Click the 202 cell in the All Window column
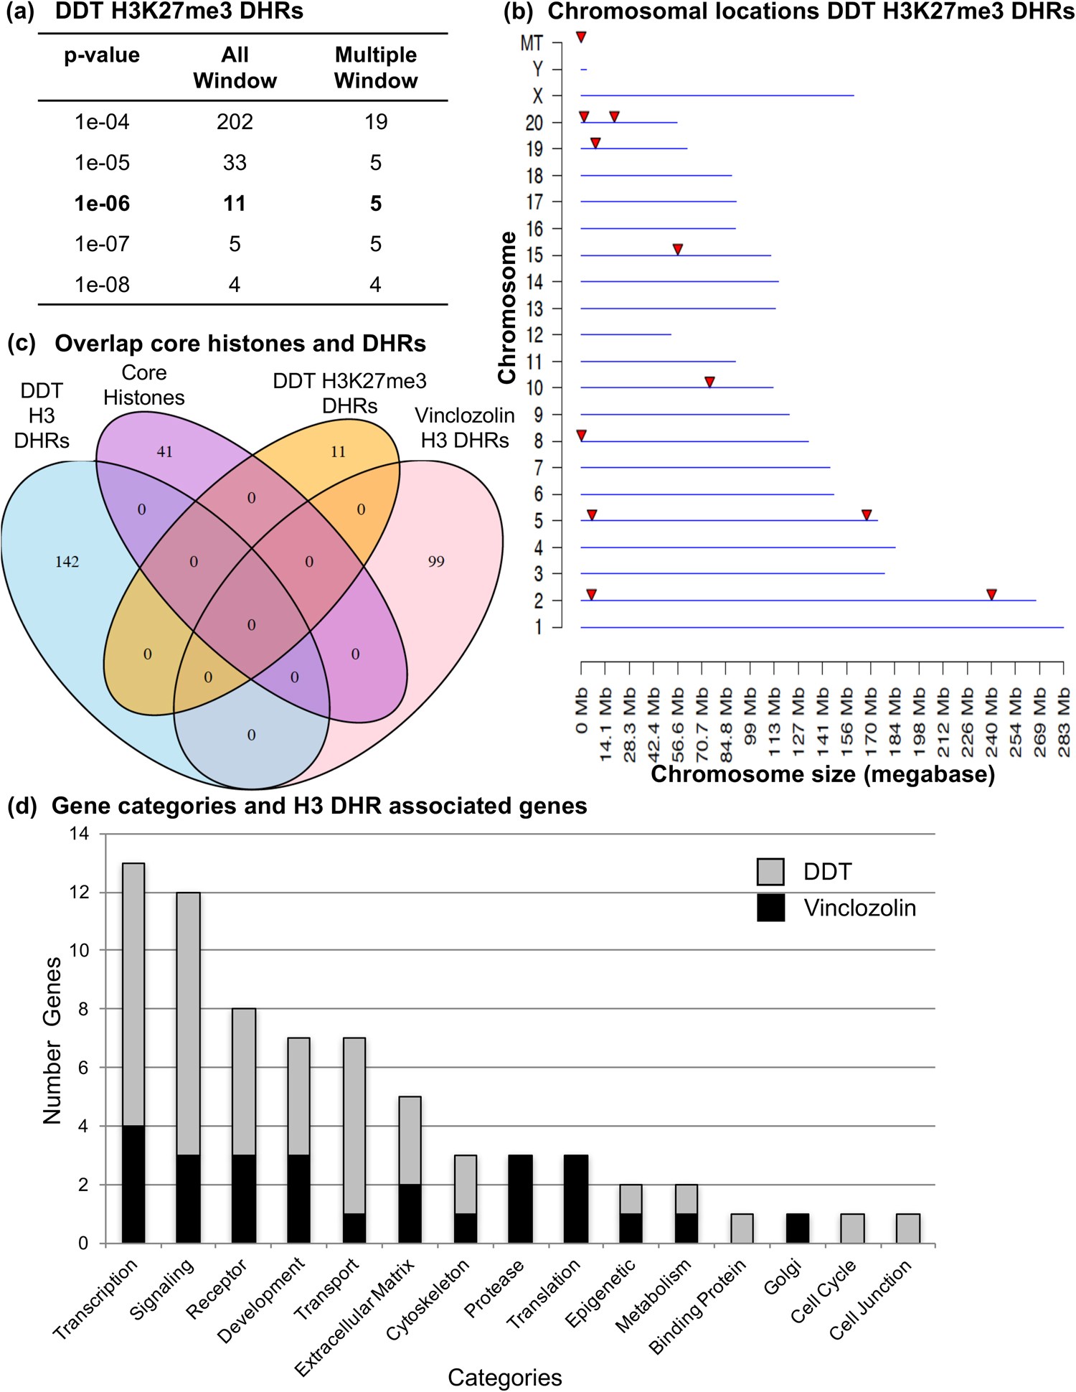click(x=235, y=122)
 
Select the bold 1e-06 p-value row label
click(x=102, y=204)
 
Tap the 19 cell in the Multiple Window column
click(x=375, y=122)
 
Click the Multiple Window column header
click(x=375, y=67)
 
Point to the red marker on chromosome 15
click(x=677, y=249)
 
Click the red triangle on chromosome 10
click(x=709, y=382)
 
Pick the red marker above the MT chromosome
click(x=582, y=37)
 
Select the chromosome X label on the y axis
click(x=537, y=95)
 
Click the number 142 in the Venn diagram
click(x=67, y=562)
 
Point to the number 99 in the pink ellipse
click(x=436, y=562)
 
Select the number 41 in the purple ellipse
click(x=165, y=452)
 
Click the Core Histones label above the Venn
click(x=143, y=385)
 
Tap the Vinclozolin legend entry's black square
click(x=770, y=908)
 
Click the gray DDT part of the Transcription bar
click(x=133, y=994)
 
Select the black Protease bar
click(x=521, y=1199)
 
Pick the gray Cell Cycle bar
click(x=852, y=1228)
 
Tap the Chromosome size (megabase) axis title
click(x=822, y=774)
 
